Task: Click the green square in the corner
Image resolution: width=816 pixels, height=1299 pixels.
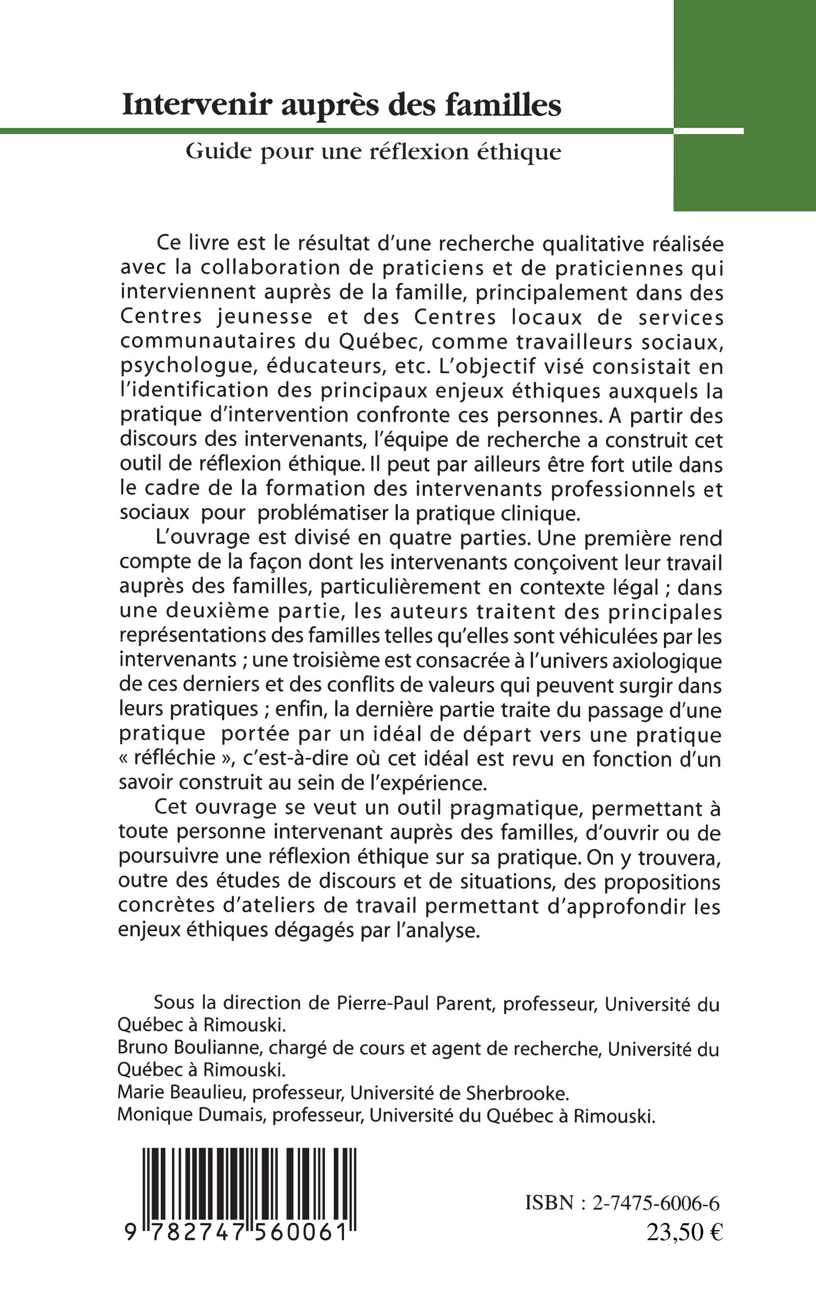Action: click(745, 105)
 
